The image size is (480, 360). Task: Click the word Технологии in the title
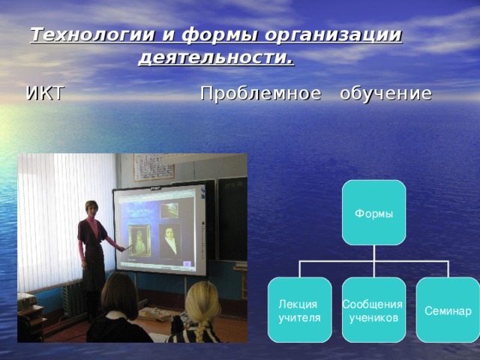pos(83,35)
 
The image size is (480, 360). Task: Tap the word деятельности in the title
pos(215,58)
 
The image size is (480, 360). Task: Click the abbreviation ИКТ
pos(45,94)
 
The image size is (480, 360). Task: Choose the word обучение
pos(385,94)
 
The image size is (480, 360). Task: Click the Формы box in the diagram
pos(373,213)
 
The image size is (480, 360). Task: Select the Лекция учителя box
pos(299,310)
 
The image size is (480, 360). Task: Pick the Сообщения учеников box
pos(373,310)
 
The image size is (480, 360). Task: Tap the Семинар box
pos(448,310)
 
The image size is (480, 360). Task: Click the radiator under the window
pos(73,298)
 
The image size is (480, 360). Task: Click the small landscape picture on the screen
pos(169,210)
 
